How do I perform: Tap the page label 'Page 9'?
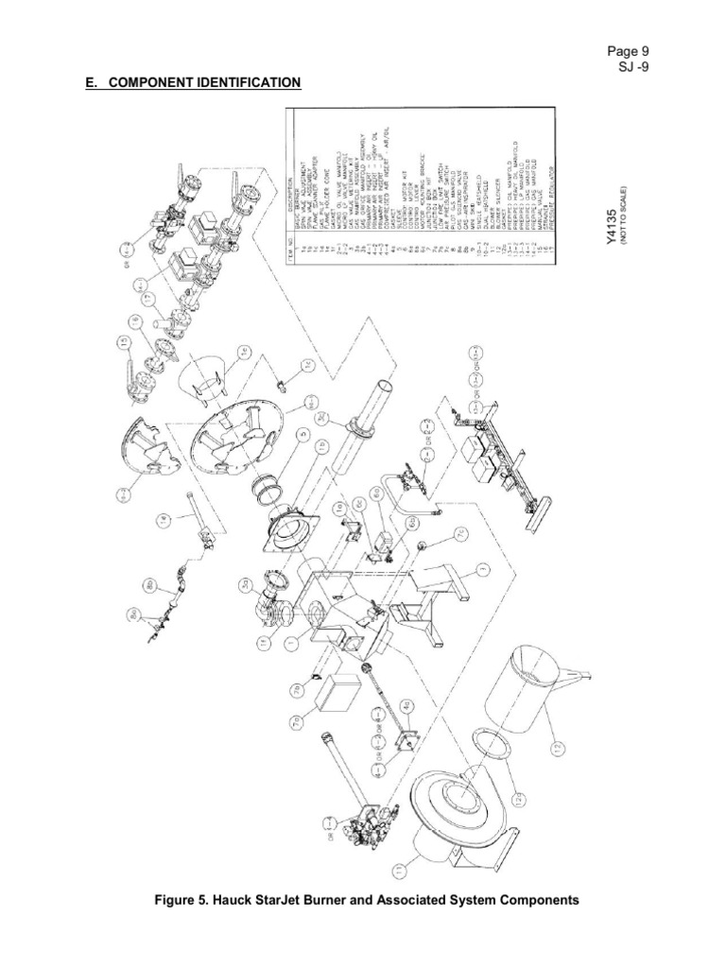tap(627, 51)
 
